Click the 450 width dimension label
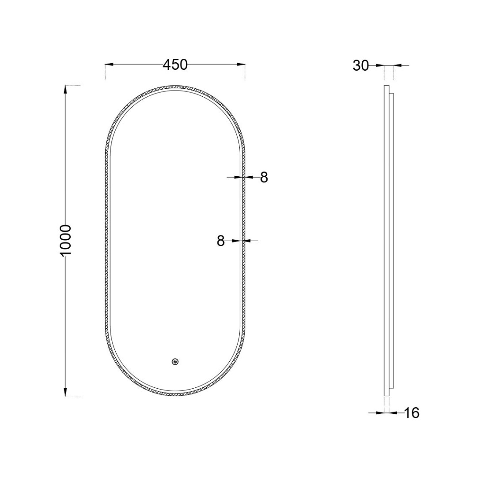click(175, 64)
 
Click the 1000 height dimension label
click(65, 241)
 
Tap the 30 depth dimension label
click(361, 65)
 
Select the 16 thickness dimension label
click(412, 413)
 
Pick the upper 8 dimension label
click(264, 178)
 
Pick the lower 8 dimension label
click(220, 241)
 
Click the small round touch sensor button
click(175, 362)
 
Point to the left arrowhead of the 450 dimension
click(109, 64)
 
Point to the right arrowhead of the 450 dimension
click(241, 64)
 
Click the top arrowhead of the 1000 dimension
click(65, 90)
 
